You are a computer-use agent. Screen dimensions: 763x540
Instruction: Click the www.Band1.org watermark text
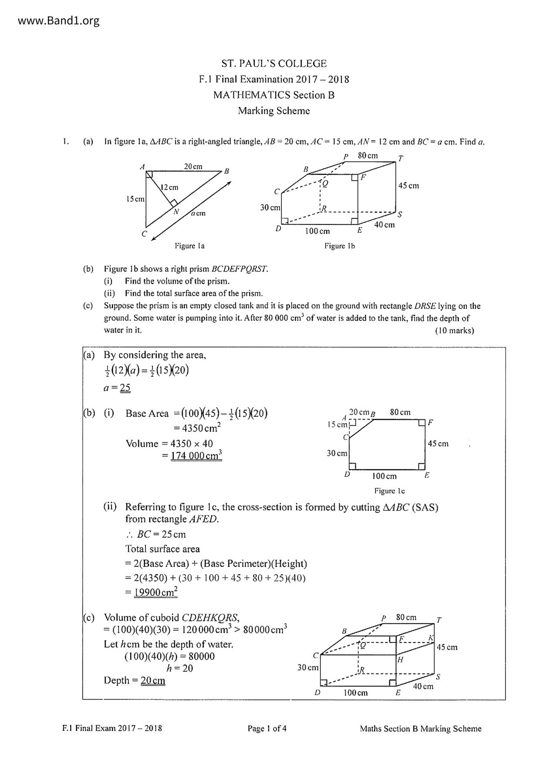[59, 20]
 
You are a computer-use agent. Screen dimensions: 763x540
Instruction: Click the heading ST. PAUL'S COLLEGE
[274, 64]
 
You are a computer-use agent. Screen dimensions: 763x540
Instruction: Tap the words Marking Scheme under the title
[274, 111]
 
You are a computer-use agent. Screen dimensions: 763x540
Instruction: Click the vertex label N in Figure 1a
[176, 212]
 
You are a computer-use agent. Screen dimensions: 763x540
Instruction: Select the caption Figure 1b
[339, 246]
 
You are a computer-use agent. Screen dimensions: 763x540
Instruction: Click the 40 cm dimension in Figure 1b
[385, 225]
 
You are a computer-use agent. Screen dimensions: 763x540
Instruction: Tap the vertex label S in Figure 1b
[400, 214]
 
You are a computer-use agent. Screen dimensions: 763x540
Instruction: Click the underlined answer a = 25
[117, 388]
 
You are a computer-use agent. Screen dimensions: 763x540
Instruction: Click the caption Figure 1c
[389, 491]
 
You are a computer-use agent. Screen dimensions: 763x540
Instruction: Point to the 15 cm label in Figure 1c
[337, 425]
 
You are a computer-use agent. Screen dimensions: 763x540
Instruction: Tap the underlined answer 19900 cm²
[155, 592]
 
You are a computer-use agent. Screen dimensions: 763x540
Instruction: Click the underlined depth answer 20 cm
[152, 681]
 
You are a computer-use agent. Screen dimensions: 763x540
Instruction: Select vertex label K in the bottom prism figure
[431, 638]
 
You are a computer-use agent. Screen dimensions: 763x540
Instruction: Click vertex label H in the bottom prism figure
[401, 659]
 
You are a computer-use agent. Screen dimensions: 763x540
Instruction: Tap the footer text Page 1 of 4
[267, 729]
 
